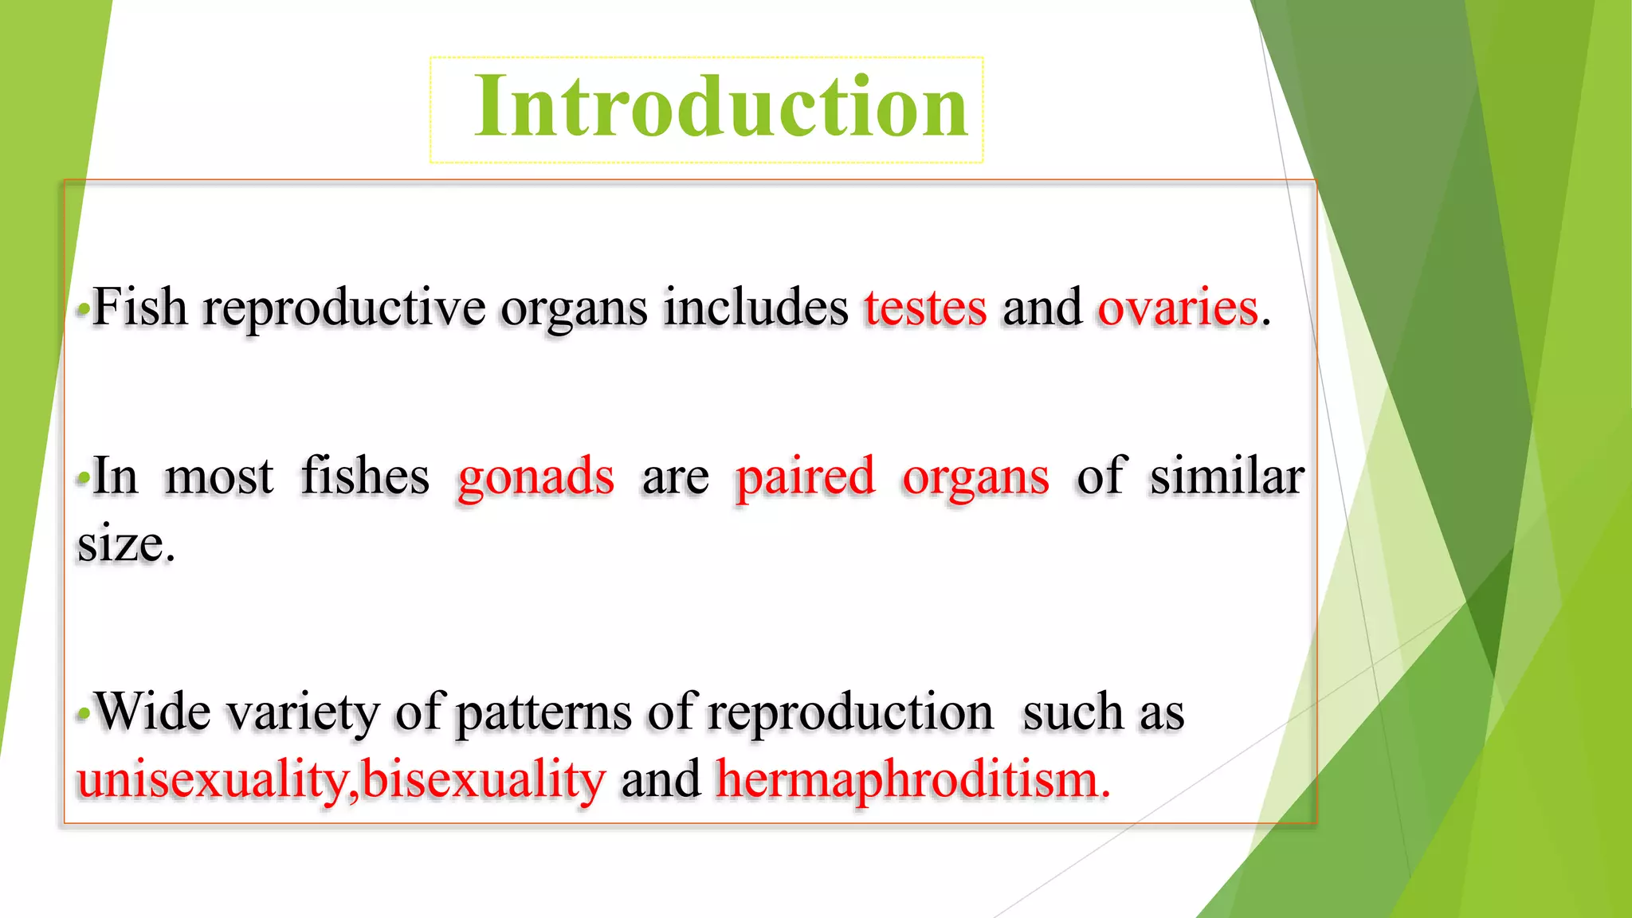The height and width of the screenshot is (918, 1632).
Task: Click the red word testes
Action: (x=925, y=308)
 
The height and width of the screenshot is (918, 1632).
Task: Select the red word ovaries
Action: (x=1177, y=308)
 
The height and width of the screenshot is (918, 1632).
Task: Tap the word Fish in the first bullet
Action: (x=140, y=308)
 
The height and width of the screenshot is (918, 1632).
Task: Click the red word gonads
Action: (x=535, y=477)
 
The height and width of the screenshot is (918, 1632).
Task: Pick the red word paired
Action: (x=804, y=477)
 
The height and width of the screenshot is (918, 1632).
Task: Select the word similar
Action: (x=1226, y=477)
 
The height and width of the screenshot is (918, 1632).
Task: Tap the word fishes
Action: (x=365, y=477)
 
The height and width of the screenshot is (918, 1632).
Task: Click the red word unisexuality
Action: (x=212, y=779)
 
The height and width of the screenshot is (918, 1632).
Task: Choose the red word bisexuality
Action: (x=483, y=779)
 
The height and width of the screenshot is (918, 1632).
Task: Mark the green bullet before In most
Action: (x=83, y=478)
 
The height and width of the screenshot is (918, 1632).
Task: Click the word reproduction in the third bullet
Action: (x=849, y=712)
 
